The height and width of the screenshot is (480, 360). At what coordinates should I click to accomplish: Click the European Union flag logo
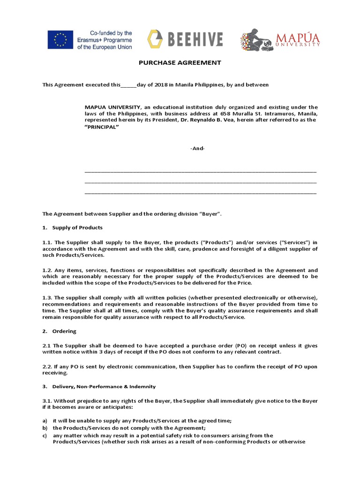coord(60,40)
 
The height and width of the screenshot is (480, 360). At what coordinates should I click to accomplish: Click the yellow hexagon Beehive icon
coord(155,39)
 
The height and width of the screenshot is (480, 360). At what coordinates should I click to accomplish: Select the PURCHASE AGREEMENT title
coord(180,63)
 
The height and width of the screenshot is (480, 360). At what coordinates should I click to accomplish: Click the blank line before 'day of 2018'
coord(128,85)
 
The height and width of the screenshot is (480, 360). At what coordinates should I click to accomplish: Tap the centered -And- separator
coord(197,149)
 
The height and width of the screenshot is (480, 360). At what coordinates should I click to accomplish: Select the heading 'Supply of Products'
coord(77,227)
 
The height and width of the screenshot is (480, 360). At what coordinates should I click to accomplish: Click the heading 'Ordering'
coord(64,331)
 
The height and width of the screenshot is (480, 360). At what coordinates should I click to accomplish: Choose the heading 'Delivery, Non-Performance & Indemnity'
coord(104,387)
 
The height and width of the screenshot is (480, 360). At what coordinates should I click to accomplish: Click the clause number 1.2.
coord(47,270)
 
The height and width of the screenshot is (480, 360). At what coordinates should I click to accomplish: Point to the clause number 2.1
coord(47,345)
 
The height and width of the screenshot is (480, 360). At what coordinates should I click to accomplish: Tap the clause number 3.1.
coord(47,401)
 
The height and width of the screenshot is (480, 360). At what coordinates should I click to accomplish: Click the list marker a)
coord(45,421)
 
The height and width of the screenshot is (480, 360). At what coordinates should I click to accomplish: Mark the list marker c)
coord(45,435)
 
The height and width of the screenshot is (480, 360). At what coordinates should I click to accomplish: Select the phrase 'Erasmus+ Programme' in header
coord(105,40)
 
